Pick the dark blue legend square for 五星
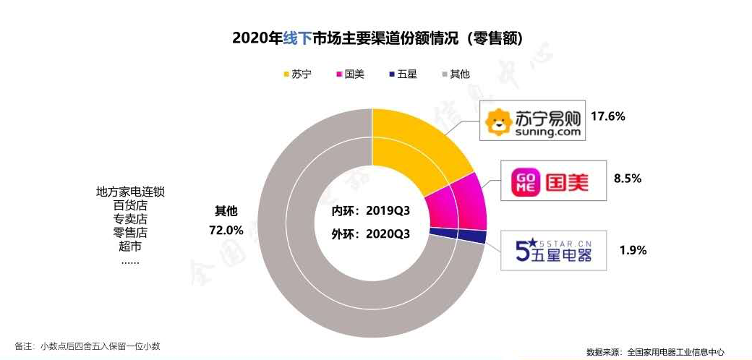[391, 74]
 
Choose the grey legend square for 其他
[443, 74]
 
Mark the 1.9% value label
[633, 250]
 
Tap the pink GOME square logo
[526, 181]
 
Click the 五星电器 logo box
[554, 250]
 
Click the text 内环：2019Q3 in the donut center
[371, 212]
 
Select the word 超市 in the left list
[130, 246]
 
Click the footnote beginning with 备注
[87, 346]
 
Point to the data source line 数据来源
[655, 352]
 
